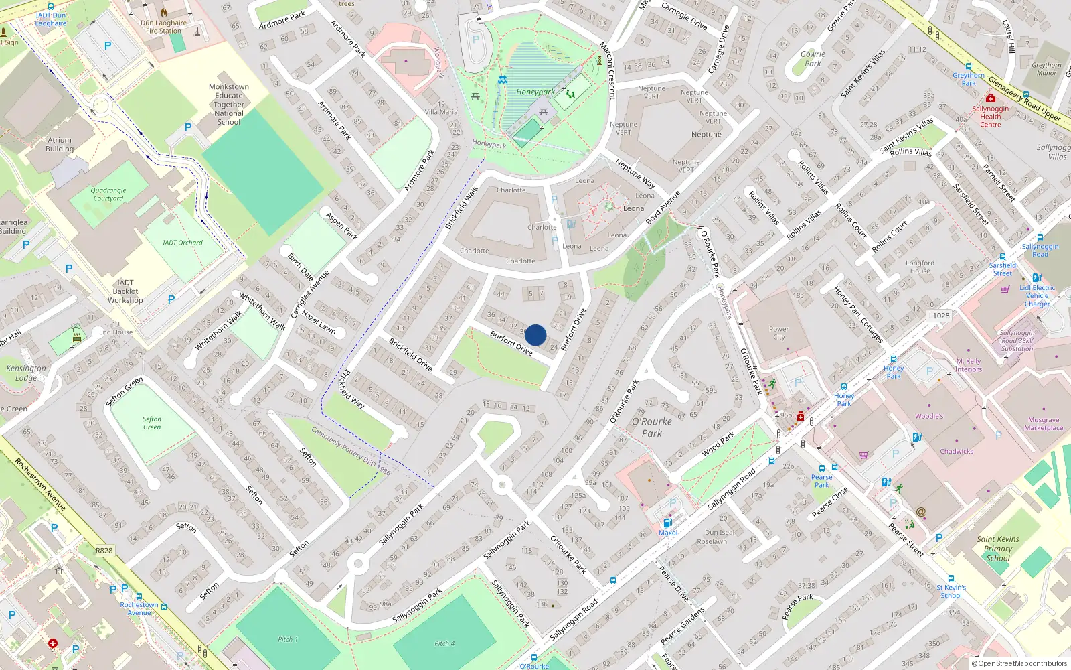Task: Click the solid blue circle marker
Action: [535, 335]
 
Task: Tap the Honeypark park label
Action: [535, 92]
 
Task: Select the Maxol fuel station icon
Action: [667, 523]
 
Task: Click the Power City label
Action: [778, 333]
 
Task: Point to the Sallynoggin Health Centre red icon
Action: [991, 98]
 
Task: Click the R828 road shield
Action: [104, 551]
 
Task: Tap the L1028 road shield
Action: [938, 316]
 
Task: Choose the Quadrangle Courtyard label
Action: [108, 194]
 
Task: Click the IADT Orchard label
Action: [182, 243]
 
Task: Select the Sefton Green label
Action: [152, 423]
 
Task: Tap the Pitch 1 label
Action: [288, 639]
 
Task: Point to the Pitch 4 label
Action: [444, 643]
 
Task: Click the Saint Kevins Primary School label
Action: [997, 548]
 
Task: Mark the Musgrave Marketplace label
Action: [1043, 424]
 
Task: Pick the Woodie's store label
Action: [929, 416]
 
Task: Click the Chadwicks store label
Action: [957, 451]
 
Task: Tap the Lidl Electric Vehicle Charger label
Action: [1037, 295]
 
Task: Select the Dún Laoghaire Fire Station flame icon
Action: [164, 13]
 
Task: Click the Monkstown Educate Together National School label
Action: [229, 105]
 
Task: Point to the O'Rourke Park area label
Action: [652, 427]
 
